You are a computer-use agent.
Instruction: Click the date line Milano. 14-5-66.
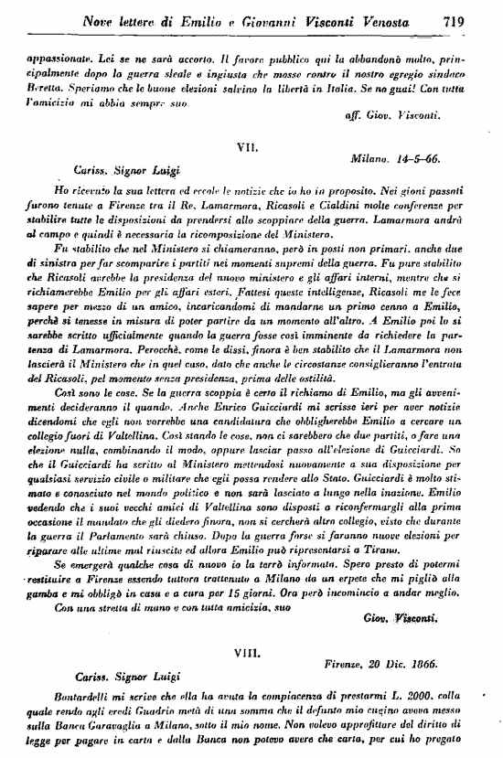pyautogui.click(x=395, y=158)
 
